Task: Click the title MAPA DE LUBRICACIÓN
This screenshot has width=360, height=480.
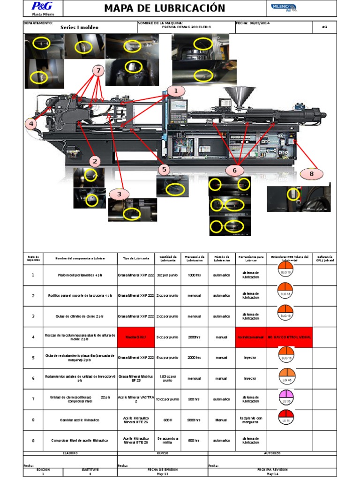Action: [165, 8]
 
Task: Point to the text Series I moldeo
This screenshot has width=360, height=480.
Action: [80, 28]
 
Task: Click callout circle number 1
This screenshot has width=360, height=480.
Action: [176, 90]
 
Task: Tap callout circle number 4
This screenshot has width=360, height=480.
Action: [31, 124]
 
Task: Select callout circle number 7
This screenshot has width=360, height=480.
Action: [98, 71]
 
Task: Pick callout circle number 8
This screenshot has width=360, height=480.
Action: [310, 174]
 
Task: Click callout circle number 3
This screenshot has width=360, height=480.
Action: [119, 194]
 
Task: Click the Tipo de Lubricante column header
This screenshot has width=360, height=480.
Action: [136, 258]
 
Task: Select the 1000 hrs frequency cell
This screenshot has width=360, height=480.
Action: [195, 275]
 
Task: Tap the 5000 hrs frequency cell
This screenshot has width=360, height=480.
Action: [195, 420]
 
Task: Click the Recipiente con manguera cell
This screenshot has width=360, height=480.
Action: [250, 420]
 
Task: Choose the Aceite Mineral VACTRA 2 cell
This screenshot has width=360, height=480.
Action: [136, 399]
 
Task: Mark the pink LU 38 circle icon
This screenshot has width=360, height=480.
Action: [285, 397]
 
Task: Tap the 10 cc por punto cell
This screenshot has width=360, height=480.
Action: [168, 399]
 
